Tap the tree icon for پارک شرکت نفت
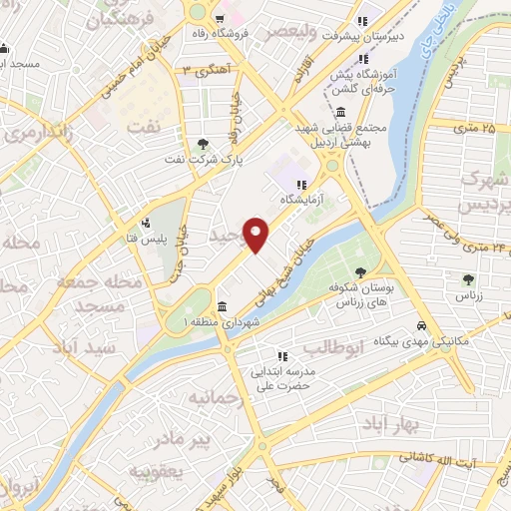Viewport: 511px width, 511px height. coord(205,145)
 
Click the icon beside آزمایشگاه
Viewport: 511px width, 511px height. coord(300,184)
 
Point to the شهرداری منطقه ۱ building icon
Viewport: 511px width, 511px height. coord(221,306)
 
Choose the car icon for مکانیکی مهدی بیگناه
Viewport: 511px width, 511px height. coord(423,325)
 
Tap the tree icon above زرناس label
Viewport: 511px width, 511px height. coord(469,278)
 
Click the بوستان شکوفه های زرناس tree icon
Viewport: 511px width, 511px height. coord(359,271)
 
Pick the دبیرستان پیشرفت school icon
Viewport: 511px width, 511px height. coord(363,20)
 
